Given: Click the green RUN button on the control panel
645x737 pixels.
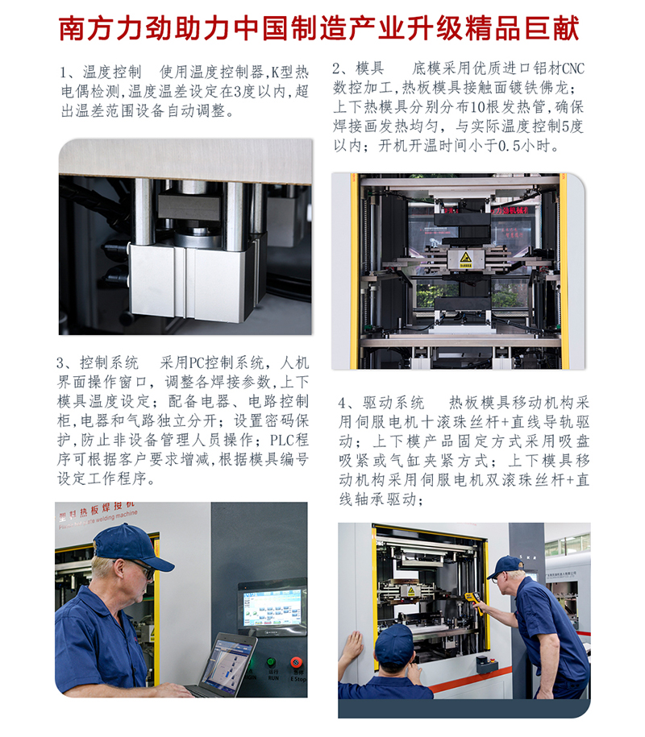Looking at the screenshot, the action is coord(271,662).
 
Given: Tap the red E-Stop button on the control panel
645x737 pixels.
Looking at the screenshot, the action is coord(296,662).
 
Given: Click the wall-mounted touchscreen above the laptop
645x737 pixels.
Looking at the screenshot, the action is coord(273,607).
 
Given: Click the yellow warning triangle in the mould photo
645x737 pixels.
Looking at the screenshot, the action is coord(465,257).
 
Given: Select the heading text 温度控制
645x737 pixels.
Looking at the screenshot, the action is coord(112,72).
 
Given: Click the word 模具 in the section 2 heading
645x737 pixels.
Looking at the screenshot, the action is coord(370,68).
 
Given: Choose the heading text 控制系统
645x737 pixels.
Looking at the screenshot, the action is coord(109,362).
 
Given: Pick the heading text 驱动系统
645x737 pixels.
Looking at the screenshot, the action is coord(393,403).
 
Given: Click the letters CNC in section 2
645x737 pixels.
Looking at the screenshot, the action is coord(573,68).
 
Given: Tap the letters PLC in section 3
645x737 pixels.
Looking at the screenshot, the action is coord(281,440).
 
